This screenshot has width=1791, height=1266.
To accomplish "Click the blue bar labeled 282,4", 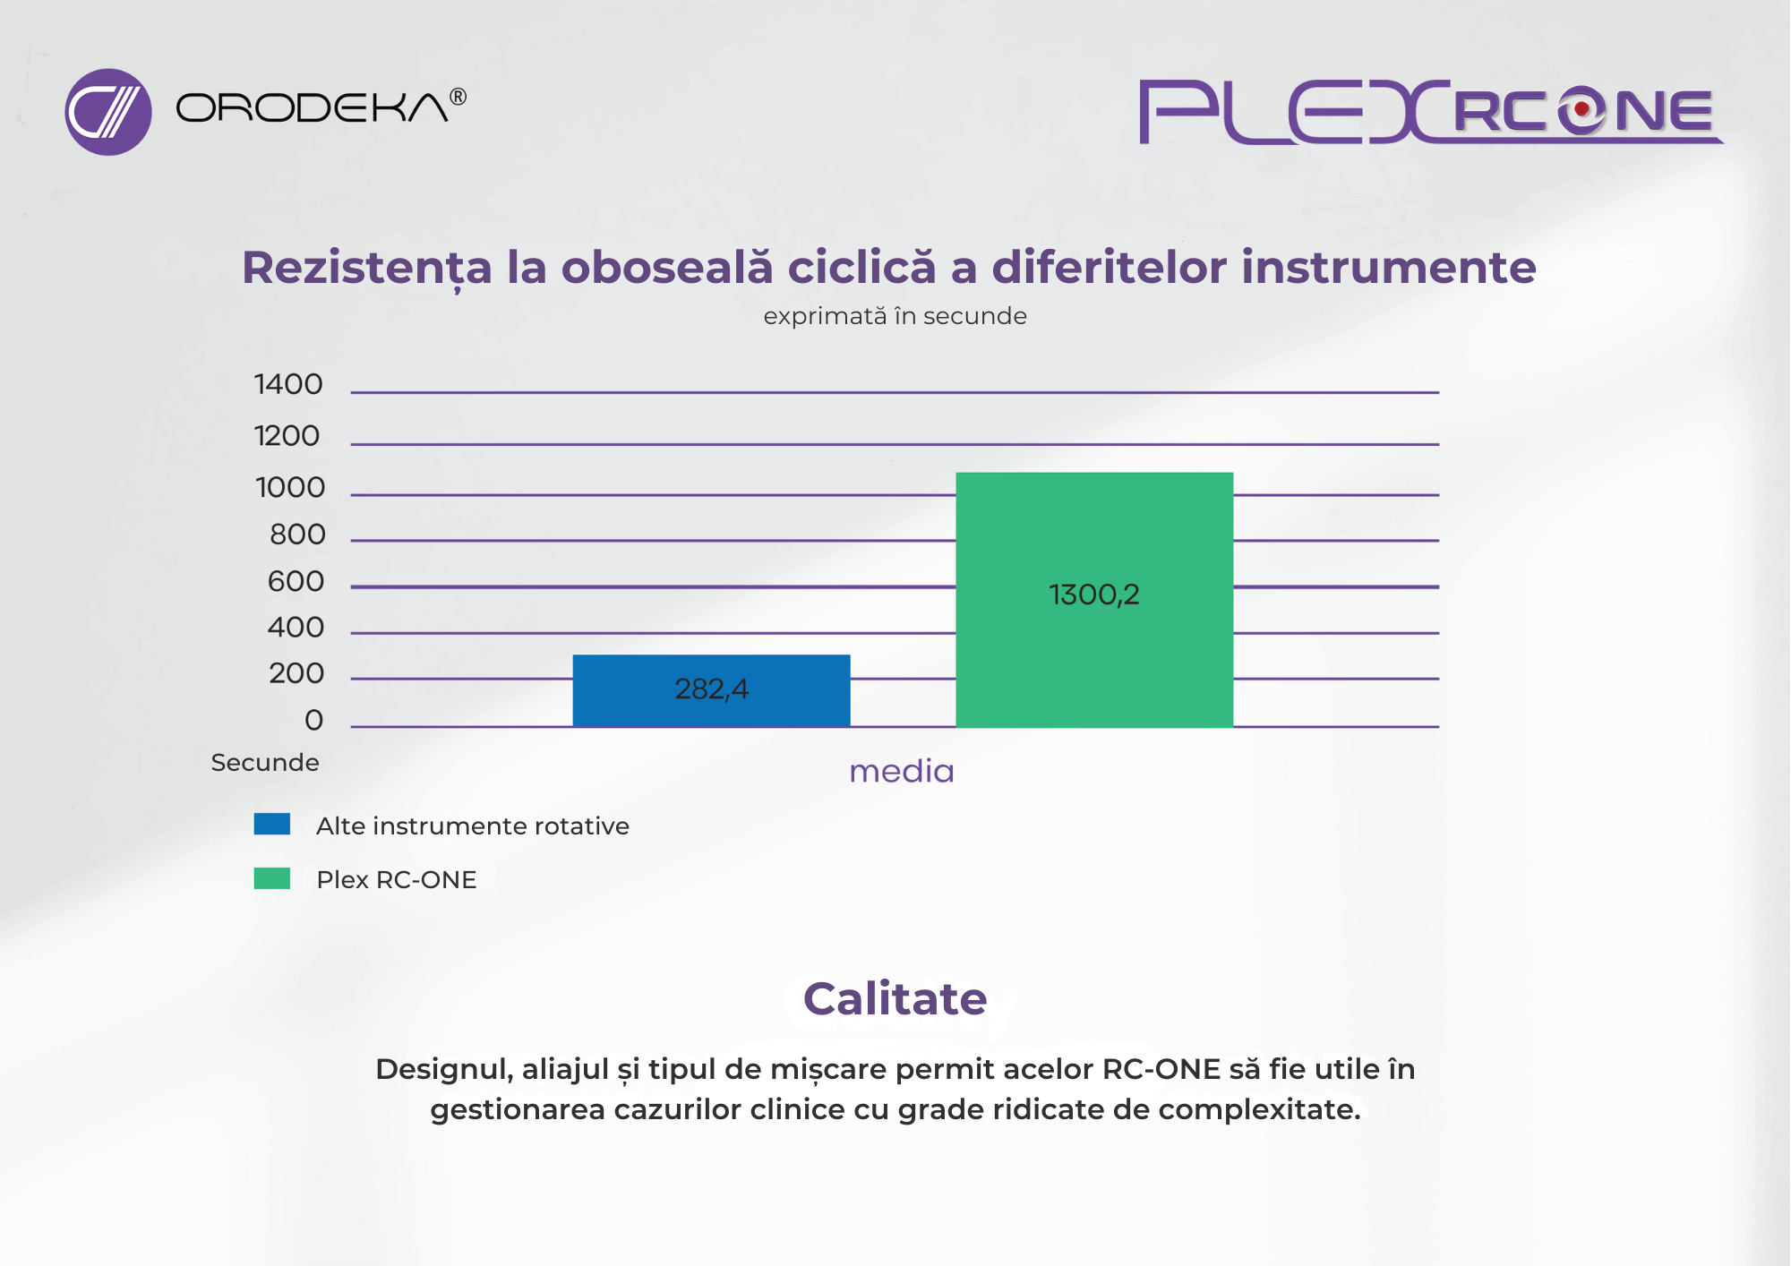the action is pos(711,690).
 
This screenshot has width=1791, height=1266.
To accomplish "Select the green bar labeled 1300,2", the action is pos(1094,600).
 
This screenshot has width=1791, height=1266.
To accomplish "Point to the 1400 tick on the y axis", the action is pos(288,384).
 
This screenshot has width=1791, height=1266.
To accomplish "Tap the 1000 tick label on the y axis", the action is pos(290,488).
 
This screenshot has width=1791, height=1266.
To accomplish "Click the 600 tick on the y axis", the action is pos(296,582).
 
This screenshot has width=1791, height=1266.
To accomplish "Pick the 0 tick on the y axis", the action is pos(313,720).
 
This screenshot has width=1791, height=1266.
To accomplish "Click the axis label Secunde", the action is pos(265,763).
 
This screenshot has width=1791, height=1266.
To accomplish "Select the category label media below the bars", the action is pos(901,771).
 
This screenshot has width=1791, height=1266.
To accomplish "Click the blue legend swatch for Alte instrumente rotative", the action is pos(272,824).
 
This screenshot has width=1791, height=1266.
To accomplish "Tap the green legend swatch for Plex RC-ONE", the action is pos(272,878).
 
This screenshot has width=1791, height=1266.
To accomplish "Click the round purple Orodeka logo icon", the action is pos(108,112).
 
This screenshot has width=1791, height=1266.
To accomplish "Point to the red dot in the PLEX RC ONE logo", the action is pos(1581,109).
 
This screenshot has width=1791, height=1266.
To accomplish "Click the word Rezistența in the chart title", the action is pos(367,269).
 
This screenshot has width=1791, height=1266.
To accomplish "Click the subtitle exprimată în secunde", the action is pos(895,316).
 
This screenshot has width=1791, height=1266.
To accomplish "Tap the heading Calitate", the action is pos(895,998).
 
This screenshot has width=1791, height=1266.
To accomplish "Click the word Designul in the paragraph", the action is pos(444,1070).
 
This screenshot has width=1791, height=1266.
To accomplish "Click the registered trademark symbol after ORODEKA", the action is pos(458,97).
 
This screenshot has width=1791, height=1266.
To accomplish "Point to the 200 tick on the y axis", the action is pos(296,673).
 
